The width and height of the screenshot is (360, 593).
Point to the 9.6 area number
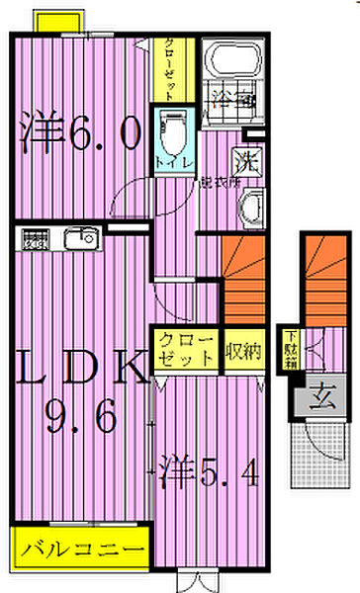pos(81,418)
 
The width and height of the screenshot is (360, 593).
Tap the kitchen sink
pos(78,238)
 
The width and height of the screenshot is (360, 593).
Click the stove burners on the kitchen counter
pos(37,238)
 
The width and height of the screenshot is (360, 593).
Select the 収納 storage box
pos(242,350)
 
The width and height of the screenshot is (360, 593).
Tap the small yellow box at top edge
pos(57,20)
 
